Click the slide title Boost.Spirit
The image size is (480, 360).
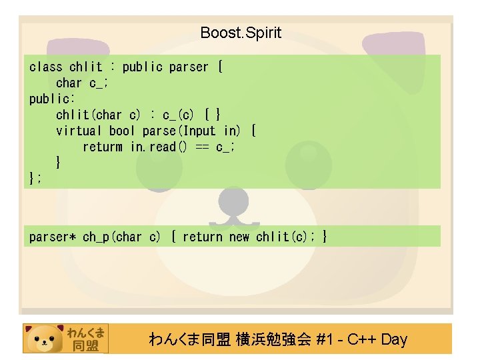pos(241,33)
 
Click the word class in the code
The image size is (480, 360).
pos(46,67)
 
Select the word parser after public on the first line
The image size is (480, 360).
pos(189,67)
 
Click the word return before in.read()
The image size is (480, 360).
pos(103,147)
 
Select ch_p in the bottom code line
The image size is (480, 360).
pos(95,237)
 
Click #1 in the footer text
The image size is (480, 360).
pos(326,339)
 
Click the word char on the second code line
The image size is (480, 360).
pos(69,83)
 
